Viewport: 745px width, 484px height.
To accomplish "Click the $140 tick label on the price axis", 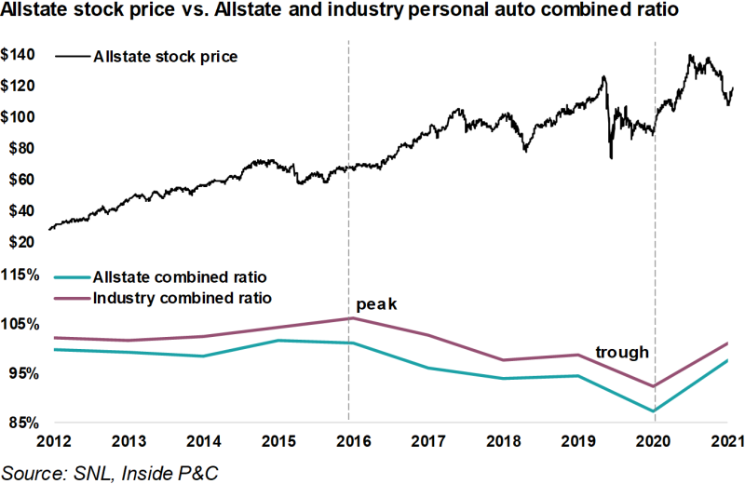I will point(20,55).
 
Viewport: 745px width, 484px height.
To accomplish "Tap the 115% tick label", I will point(20,276).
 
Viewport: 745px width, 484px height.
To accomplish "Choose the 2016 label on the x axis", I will point(348,440).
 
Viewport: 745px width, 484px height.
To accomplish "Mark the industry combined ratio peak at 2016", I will point(349,318).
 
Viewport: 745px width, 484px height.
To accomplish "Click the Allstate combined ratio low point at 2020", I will point(654,411).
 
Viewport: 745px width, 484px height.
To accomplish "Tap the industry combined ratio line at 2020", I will point(654,386).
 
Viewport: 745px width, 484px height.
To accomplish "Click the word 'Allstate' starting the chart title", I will point(34,14).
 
